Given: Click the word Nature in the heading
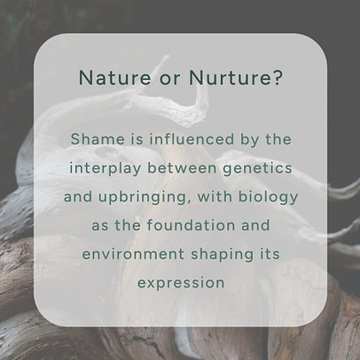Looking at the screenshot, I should point(107,78).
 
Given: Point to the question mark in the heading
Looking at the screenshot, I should point(278,78).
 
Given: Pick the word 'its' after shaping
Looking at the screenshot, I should point(269,254).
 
